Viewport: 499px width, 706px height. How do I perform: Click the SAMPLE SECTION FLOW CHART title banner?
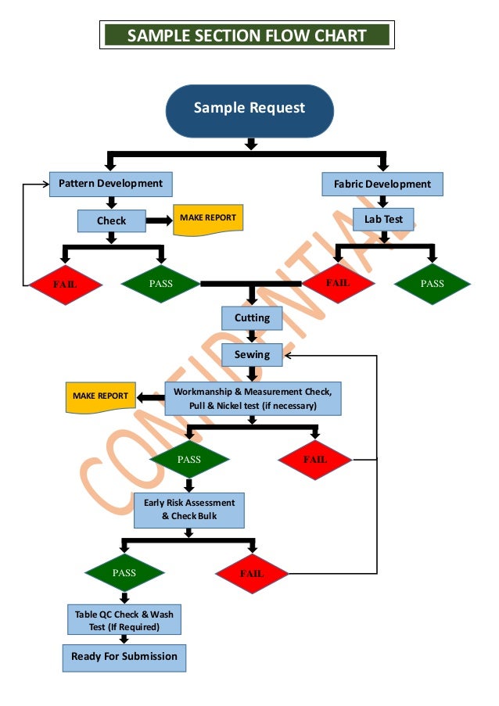(x=247, y=35)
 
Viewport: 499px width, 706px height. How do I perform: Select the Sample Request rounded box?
(x=249, y=107)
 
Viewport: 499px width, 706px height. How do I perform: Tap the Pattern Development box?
(x=110, y=184)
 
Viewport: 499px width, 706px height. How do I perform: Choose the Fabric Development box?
(x=382, y=185)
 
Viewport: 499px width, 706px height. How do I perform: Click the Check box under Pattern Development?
(x=111, y=220)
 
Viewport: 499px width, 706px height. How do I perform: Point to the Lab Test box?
(x=383, y=219)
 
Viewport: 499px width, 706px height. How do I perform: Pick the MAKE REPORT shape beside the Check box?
(x=208, y=219)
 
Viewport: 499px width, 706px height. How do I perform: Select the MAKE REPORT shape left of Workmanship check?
(x=101, y=396)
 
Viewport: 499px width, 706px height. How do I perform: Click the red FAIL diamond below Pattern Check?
(x=66, y=284)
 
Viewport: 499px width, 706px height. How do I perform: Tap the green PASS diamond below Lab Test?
(x=432, y=284)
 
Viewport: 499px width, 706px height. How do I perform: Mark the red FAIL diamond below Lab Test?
(x=338, y=282)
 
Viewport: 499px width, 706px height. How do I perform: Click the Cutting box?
(x=252, y=317)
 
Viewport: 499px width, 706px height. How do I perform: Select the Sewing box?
(x=252, y=355)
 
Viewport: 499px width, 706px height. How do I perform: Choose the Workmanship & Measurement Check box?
(x=253, y=399)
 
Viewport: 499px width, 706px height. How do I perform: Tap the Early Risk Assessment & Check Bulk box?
(x=189, y=510)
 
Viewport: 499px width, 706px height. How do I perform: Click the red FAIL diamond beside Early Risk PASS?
(x=252, y=573)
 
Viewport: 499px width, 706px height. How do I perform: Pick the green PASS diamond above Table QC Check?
(x=124, y=573)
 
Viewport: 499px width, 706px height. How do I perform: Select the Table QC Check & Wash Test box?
(x=124, y=621)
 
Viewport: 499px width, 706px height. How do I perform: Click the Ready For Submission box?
(x=124, y=657)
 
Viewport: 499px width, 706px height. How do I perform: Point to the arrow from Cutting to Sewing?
(x=252, y=336)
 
